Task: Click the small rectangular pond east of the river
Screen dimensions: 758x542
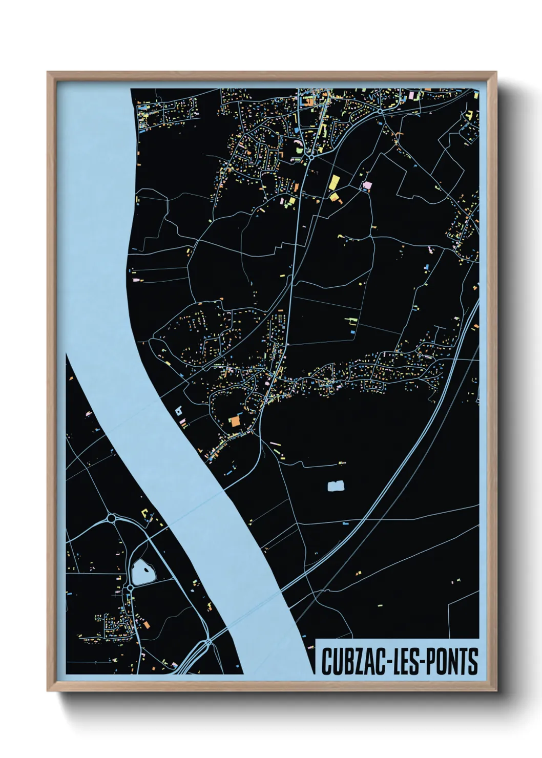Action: coord(335,486)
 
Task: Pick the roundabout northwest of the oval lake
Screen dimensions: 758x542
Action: coord(111,519)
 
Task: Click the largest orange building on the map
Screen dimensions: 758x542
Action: coord(235,421)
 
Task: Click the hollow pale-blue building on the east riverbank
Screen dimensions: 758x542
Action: coord(178,410)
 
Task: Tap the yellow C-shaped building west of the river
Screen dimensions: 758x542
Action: coord(146,513)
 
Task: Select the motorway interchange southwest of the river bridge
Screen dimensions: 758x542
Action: coord(207,642)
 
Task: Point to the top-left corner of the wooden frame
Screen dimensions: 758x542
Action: coord(48,72)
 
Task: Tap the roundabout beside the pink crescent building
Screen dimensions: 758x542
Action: coord(311,157)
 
